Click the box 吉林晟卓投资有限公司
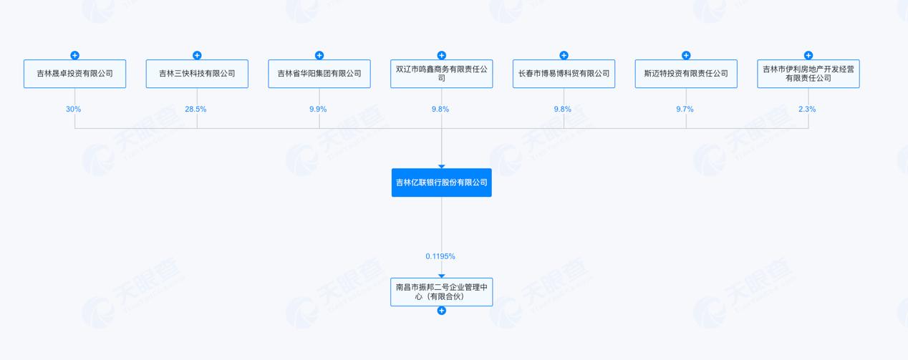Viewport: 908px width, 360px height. click(75, 74)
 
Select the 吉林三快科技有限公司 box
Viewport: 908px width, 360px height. click(197, 74)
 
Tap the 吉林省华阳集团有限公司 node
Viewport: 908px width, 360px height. click(319, 74)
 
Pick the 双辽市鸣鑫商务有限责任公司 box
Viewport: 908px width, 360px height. click(441, 74)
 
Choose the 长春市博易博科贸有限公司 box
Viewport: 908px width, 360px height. click(564, 74)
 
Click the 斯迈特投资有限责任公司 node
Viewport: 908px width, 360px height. click(686, 74)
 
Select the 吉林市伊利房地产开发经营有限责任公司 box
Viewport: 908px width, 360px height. click(808, 74)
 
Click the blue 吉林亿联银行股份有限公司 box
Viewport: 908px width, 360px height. click(441, 183)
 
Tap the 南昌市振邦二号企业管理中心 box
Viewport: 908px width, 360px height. click(441, 292)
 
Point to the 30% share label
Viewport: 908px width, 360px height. click(73, 110)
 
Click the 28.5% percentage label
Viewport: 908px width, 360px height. click(195, 110)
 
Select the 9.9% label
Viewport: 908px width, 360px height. click(318, 110)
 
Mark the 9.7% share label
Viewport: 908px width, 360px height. click(685, 110)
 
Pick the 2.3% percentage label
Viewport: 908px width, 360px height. click(807, 110)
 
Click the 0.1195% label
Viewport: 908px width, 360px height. click(440, 256)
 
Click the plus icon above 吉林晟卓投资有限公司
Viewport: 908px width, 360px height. click(75, 56)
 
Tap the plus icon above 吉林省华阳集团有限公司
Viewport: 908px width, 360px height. click(319, 56)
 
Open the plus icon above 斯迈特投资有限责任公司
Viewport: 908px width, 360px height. click(686, 56)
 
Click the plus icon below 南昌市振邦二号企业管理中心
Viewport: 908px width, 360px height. click(441, 311)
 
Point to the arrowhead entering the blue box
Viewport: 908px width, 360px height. click(441, 167)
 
